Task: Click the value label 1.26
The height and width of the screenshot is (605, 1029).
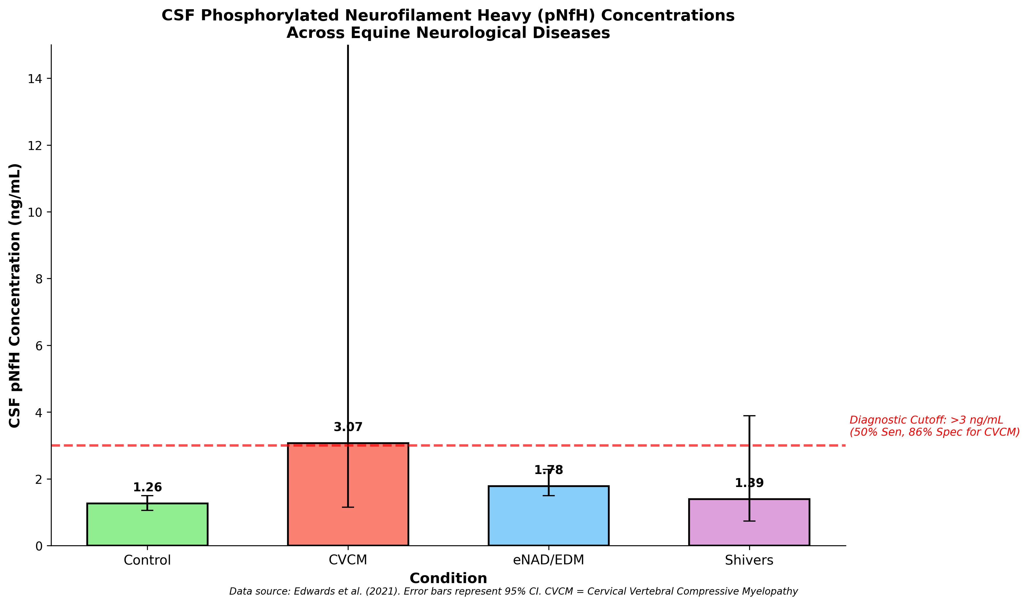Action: [x=147, y=487]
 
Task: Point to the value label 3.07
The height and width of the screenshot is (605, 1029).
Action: [x=348, y=427]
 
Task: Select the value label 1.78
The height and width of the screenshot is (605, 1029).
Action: [x=548, y=470]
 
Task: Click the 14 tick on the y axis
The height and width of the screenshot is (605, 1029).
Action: [x=35, y=79]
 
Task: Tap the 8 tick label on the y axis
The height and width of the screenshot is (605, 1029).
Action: [x=38, y=279]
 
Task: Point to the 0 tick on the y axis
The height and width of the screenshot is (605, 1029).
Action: [x=38, y=546]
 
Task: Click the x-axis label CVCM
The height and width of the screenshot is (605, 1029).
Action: [x=348, y=560]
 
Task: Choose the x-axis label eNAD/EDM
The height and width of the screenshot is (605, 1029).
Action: [x=548, y=560]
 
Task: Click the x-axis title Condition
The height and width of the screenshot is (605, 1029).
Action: [x=448, y=578]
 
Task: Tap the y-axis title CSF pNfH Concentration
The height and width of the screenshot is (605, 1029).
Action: [x=15, y=295]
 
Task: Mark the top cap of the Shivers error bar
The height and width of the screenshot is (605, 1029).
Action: [x=749, y=416]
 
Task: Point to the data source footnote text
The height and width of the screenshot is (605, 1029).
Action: [x=513, y=591]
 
